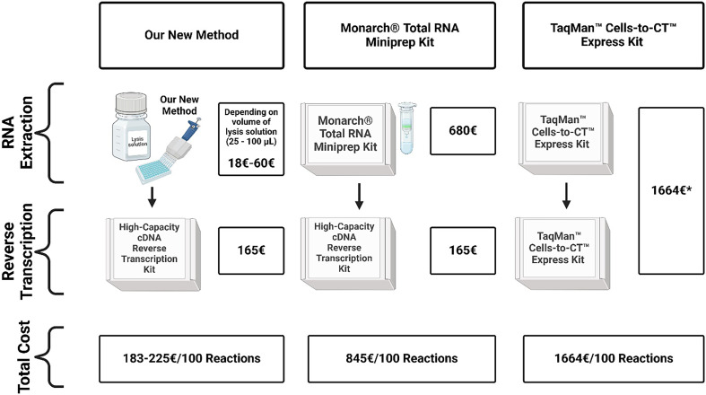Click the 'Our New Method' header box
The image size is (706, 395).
click(191, 36)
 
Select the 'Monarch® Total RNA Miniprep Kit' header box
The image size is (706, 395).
click(399, 36)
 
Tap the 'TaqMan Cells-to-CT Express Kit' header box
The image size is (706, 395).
click(614, 36)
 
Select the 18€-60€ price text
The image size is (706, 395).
click(251, 163)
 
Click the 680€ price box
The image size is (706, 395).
click(463, 130)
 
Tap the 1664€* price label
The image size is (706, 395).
click(671, 190)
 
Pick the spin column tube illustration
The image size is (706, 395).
click(407, 127)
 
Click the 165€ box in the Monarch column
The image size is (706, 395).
click(463, 250)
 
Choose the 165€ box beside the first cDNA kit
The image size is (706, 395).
click(251, 250)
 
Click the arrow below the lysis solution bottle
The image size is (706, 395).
click(153, 197)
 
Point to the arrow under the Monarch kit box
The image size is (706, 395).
click(359, 197)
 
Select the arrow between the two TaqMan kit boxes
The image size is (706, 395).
click(566, 196)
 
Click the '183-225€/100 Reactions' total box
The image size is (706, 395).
click(191, 358)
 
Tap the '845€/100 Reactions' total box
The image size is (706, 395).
click(402, 358)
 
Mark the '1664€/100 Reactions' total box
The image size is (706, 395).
click(614, 358)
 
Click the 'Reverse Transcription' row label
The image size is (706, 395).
click(18, 250)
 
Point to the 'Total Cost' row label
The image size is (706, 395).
click(23, 356)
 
